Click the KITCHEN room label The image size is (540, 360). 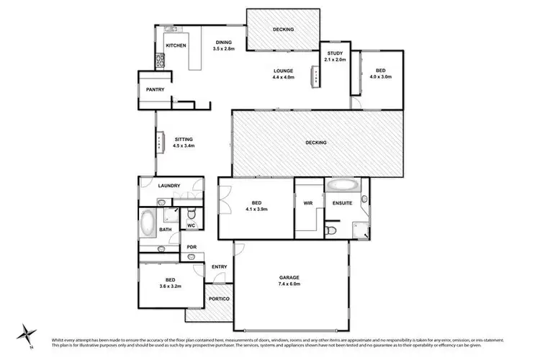click(x=176, y=46)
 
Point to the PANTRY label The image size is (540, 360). click(x=155, y=90)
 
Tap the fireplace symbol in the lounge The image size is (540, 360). click(x=315, y=77)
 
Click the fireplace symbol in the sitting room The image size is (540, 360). click(x=159, y=143)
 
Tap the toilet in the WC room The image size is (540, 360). click(x=191, y=214)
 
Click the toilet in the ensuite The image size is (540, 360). click(x=330, y=230)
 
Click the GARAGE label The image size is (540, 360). click(x=289, y=277)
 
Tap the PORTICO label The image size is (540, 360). click(x=219, y=298)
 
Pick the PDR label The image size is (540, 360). click(x=192, y=247)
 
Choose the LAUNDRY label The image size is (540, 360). click(x=168, y=186)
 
